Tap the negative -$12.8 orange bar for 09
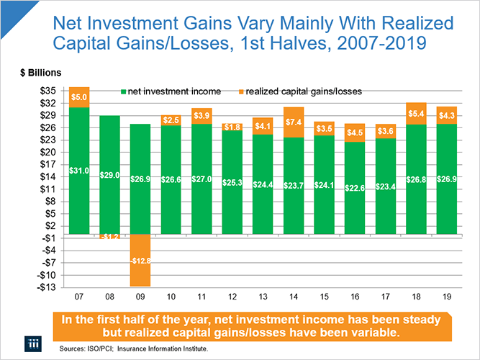(140, 261)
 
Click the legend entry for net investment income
(171, 91)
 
